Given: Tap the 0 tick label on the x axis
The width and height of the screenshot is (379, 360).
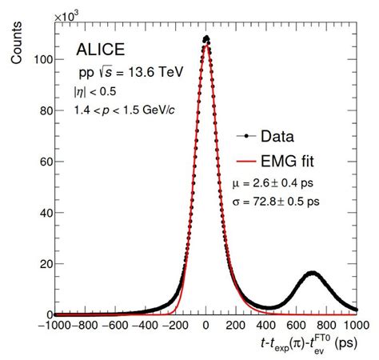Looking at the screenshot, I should tap(206, 326).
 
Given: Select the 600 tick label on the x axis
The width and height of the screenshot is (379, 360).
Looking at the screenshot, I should tap(296, 326).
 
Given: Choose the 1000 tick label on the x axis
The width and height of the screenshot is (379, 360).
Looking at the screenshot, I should tap(354, 326).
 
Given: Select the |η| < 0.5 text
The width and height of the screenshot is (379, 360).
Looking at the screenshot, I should tap(94, 93).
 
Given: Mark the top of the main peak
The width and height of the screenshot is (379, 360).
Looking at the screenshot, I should tap(206, 38).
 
